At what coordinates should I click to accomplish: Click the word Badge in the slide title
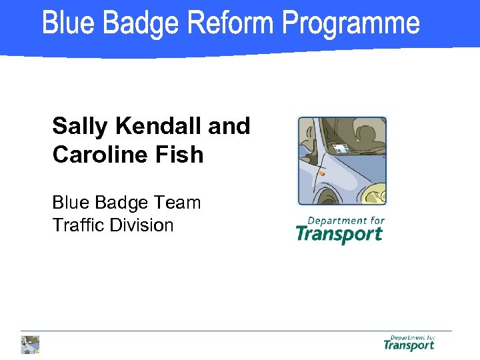(x=140, y=23)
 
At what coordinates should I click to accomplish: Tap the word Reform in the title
(x=231, y=23)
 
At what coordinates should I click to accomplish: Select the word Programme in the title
(x=351, y=25)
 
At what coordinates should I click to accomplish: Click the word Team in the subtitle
(x=179, y=202)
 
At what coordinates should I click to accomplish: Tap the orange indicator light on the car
(x=321, y=173)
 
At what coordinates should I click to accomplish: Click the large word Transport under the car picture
(x=339, y=234)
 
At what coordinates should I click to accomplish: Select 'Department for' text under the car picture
(x=346, y=221)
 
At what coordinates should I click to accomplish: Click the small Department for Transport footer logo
(x=409, y=343)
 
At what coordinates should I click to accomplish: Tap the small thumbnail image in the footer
(x=31, y=344)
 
